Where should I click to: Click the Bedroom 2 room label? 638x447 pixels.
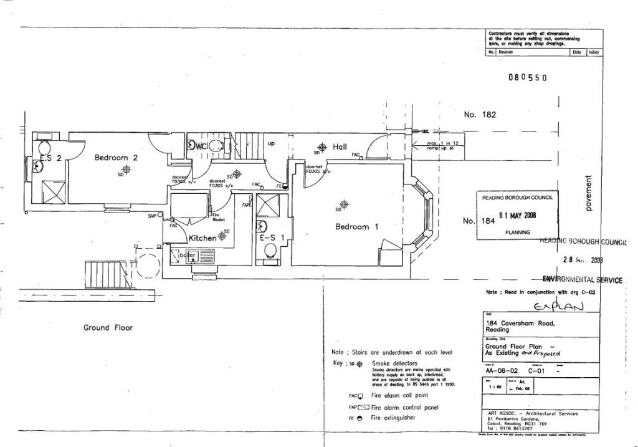(115, 158)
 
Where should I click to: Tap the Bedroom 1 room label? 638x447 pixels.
(356, 227)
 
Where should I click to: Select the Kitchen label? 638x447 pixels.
(202, 238)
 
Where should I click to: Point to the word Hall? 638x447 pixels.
(340, 147)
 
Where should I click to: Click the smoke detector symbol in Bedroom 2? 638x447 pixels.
(126, 169)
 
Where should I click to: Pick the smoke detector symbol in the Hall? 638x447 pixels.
(321, 147)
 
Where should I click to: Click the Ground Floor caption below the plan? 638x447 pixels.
(108, 328)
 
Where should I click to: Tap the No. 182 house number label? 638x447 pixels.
(480, 115)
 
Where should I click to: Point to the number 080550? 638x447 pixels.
(527, 78)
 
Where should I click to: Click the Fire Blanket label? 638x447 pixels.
(218, 218)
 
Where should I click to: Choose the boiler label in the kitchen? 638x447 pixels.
(188, 255)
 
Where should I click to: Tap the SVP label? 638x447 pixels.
(151, 216)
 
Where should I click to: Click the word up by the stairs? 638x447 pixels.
(271, 144)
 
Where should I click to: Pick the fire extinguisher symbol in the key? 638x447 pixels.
(360, 418)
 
